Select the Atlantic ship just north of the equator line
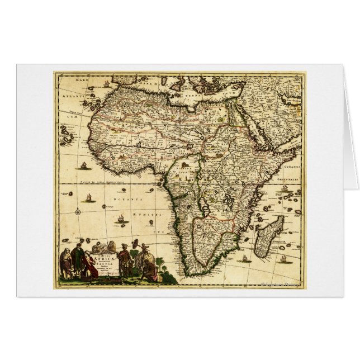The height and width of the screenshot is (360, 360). pos(84,165)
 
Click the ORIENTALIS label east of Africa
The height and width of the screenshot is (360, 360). pos(291,172)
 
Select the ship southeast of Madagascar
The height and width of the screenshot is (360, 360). pos(282,258)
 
